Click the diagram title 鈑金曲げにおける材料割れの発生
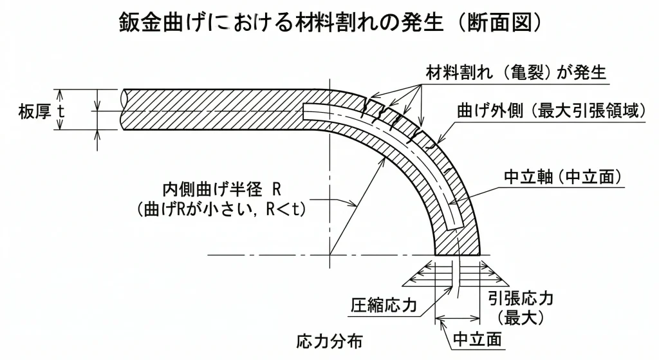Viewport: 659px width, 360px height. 283,24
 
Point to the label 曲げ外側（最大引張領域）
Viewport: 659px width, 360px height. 550,111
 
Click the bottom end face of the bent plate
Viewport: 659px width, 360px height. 458,255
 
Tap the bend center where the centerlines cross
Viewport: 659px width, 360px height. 329,255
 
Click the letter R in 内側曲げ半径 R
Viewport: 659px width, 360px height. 277,189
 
